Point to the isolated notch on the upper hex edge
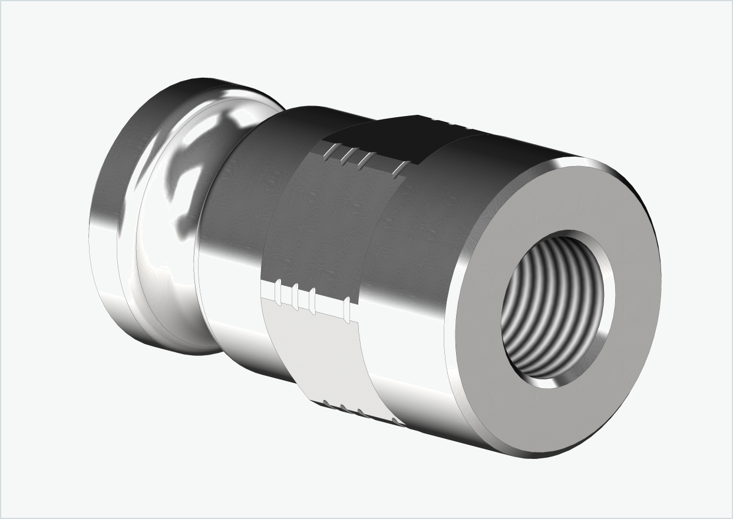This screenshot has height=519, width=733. tap(399, 169)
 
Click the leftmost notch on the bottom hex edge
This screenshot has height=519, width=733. tap(326, 404)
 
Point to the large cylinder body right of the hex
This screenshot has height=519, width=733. tap(412, 236)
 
